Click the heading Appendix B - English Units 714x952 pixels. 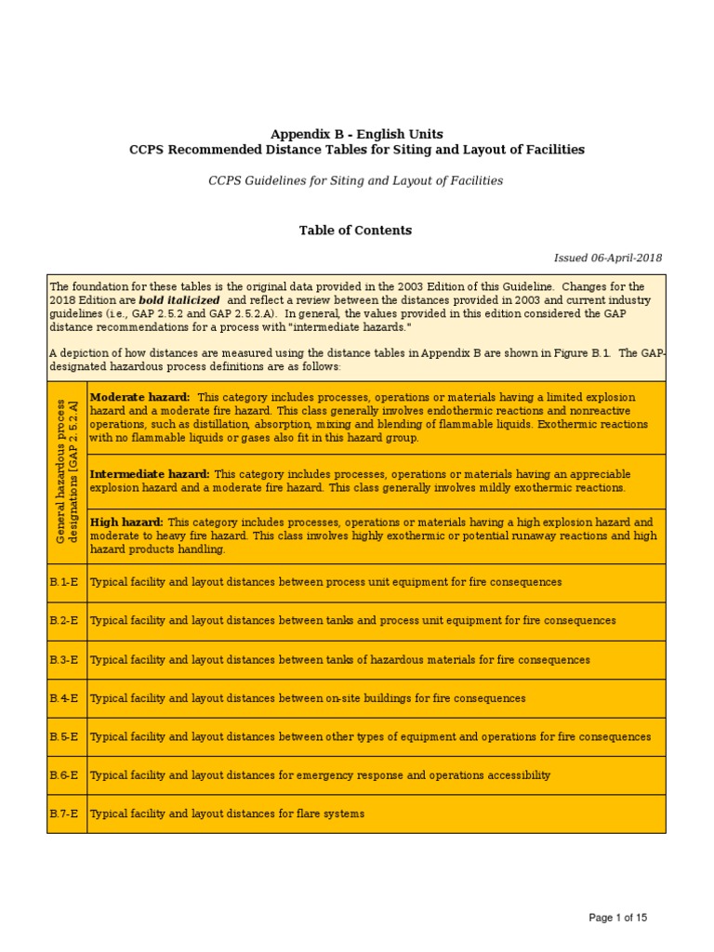356,134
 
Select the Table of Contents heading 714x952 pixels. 355,230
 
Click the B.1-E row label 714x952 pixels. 64,582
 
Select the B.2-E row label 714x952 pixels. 64,620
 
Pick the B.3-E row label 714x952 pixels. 64,659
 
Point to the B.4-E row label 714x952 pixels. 64,698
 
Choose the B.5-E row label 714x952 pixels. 64,736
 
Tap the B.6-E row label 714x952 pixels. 64,774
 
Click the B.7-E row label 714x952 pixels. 64,813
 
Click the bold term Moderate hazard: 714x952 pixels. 139,397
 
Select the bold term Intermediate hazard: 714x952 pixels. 149,474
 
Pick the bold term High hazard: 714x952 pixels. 126,522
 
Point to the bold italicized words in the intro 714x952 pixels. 179,301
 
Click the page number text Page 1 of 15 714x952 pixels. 617,918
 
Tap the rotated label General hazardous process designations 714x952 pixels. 67,472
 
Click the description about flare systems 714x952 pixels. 227,813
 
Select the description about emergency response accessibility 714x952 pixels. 320,774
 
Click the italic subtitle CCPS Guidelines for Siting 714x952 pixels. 355,180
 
